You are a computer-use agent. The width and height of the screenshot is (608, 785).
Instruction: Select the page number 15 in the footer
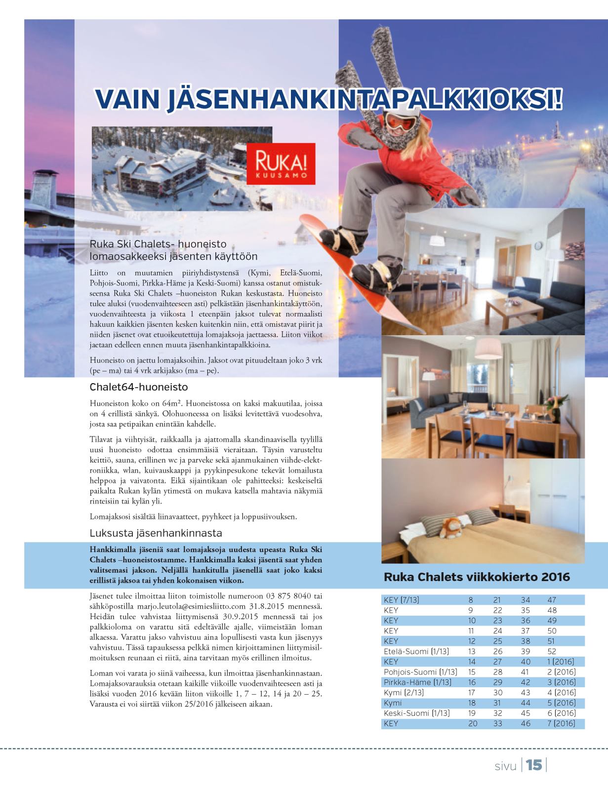534,765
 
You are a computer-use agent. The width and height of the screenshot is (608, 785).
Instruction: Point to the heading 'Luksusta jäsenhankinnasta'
156,533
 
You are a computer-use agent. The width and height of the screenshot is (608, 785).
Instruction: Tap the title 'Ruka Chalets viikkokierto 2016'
477,577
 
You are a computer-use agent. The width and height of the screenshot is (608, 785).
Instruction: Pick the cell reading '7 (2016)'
562,723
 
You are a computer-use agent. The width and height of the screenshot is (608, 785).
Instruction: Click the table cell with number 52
552,651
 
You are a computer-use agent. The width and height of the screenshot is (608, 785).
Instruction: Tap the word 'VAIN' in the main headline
127,99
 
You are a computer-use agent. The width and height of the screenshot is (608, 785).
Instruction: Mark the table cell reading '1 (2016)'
562,662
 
